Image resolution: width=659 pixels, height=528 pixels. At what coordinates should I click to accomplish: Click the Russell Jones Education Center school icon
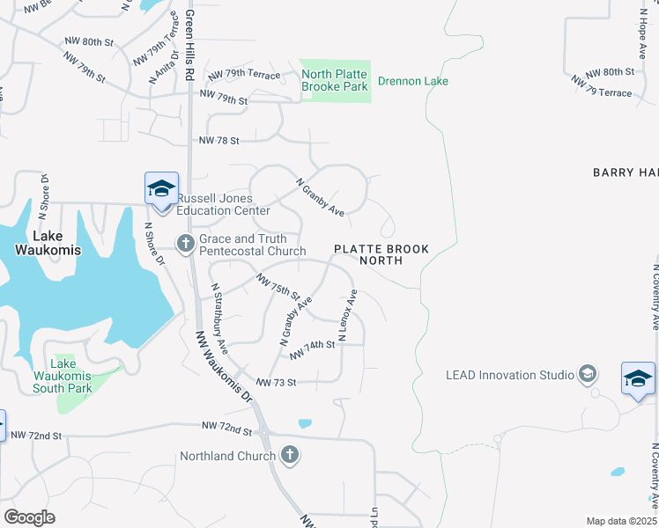[162, 189]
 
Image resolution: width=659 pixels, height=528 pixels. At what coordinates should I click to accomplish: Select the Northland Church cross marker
[290, 455]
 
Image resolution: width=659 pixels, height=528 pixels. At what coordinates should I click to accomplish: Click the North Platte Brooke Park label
[335, 81]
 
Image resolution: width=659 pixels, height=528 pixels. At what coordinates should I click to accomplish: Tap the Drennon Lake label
[413, 82]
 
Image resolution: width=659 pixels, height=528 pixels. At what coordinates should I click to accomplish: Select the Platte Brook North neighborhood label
[381, 254]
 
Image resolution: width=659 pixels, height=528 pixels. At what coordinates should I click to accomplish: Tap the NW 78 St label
[219, 140]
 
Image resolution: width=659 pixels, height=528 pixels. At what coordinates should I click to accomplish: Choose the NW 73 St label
[276, 383]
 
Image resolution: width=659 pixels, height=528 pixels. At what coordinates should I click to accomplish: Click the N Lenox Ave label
[348, 316]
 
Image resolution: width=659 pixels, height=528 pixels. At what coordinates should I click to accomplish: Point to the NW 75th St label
[278, 285]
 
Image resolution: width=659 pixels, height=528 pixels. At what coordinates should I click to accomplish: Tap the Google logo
[29, 517]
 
